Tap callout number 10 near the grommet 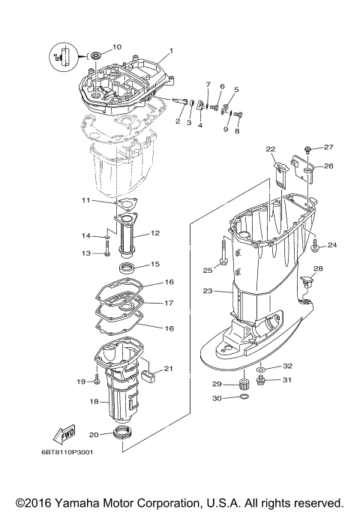[116, 47]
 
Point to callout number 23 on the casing [208, 290]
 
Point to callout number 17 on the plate [169, 304]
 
